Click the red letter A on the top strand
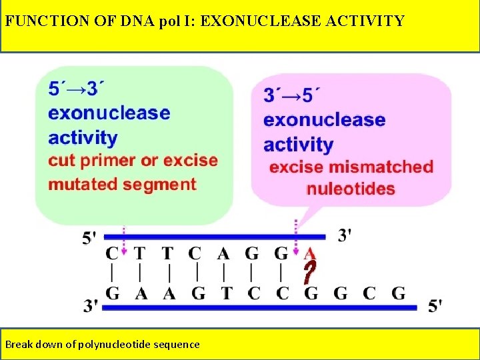(309, 254)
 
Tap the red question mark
(308, 273)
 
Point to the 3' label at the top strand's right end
(345, 235)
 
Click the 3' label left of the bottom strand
(91, 306)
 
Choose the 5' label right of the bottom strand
(434, 306)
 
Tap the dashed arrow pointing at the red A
(295, 237)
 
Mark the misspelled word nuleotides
(351, 189)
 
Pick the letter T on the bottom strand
(226, 293)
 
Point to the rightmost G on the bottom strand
(398, 293)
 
